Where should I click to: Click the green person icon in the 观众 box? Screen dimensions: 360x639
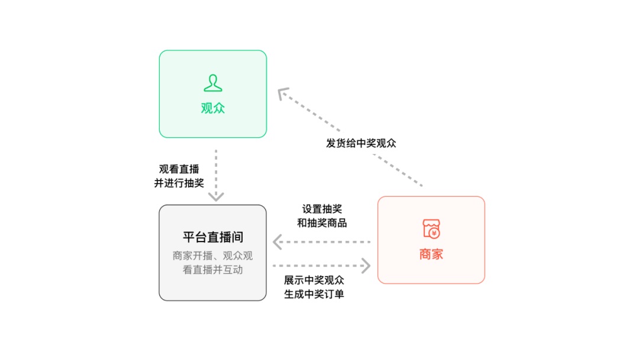(x=213, y=83)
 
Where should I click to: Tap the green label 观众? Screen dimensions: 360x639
(x=213, y=109)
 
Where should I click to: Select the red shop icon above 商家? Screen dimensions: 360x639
(x=431, y=229)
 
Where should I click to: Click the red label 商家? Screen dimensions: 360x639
(x=431, y=255)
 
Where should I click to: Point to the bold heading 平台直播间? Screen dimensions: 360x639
(x=213, y=237)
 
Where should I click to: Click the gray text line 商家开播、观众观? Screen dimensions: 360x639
(x=213, y=256)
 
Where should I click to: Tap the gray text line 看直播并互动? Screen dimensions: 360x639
(x=213, y=270)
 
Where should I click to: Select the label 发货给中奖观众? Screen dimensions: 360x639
(x=361, y=143)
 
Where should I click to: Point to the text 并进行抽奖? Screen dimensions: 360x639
(x=179, y=183)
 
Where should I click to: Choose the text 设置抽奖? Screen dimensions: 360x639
(x=322, y=209)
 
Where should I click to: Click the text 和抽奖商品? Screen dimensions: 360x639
(x=322, y=223)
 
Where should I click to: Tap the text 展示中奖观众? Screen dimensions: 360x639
(x=314, y=280)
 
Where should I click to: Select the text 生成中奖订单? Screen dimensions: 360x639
(x=314, y=294)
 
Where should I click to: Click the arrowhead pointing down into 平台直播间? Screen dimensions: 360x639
(x=217, y=196)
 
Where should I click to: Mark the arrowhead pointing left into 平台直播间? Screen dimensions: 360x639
(x=277, y=242)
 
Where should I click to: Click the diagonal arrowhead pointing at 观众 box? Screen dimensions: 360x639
(x=283, y=94)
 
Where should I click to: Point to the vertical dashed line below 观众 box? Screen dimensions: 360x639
(x=217, y=169)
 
